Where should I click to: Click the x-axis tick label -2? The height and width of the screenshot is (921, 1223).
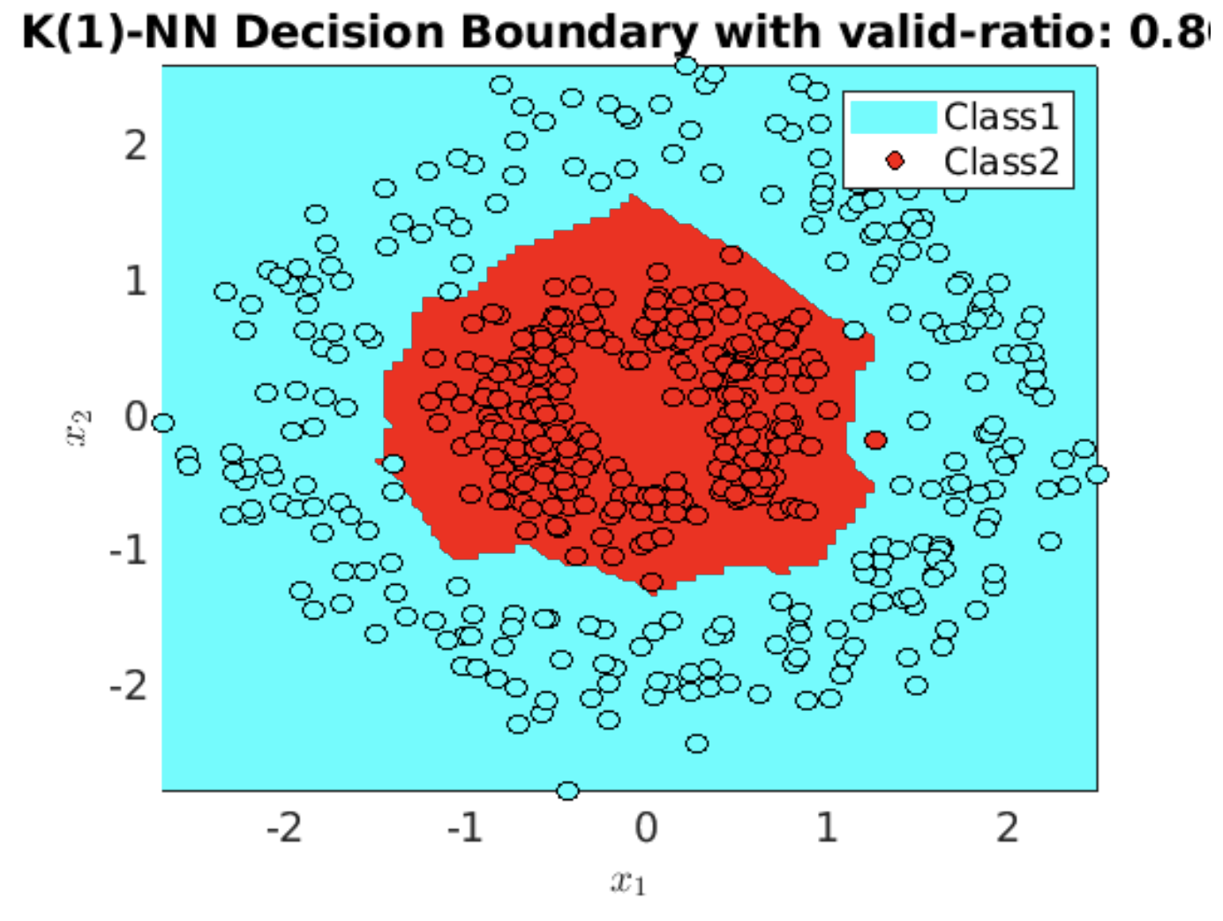(284, 827)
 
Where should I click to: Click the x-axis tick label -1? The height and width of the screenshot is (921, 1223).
(465, 827)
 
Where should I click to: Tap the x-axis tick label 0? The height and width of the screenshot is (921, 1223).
(646, 827)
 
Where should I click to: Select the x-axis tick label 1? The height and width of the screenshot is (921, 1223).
(827, 827)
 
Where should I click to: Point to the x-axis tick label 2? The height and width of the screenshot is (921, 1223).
(1007, 827)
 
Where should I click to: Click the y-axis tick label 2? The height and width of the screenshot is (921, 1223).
(135, 146)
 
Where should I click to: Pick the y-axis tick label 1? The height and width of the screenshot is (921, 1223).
(135, 281)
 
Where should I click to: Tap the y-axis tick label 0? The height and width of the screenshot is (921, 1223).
(135, 416)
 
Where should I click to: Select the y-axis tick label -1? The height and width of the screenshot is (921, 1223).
(129, 551)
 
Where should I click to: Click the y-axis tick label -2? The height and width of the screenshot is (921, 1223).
(129, 685)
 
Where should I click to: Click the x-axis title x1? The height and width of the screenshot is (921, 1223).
(627, 881)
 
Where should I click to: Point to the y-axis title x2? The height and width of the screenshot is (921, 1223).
(79, 428)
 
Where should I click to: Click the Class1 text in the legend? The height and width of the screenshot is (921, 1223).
(1001, 116)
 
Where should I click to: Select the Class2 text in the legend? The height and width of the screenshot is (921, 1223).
(1001, 161)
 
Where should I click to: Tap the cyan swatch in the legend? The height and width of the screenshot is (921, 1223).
(893, 116)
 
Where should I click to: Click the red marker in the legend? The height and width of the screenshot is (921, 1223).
(895, 161)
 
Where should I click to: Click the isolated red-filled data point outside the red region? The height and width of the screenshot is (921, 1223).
(875, 439)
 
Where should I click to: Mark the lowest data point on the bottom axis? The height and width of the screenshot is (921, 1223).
(568, 790)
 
